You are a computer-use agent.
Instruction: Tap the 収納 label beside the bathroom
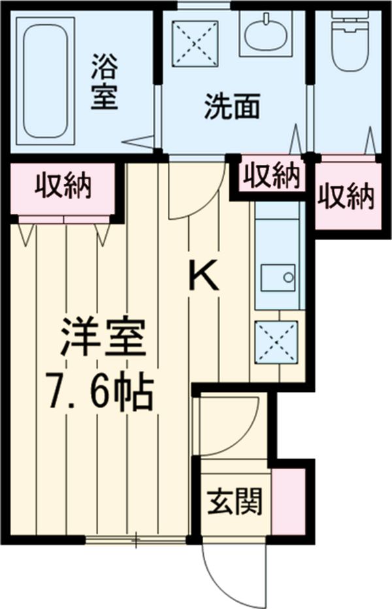click(63, 187)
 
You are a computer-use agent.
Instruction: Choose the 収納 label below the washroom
click(271, 175)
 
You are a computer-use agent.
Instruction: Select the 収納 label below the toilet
click(346, 196)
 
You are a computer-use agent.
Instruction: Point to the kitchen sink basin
click(278, 277)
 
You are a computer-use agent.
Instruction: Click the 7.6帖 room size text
click(99, 391)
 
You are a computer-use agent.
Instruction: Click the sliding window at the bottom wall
click(137, 540)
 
